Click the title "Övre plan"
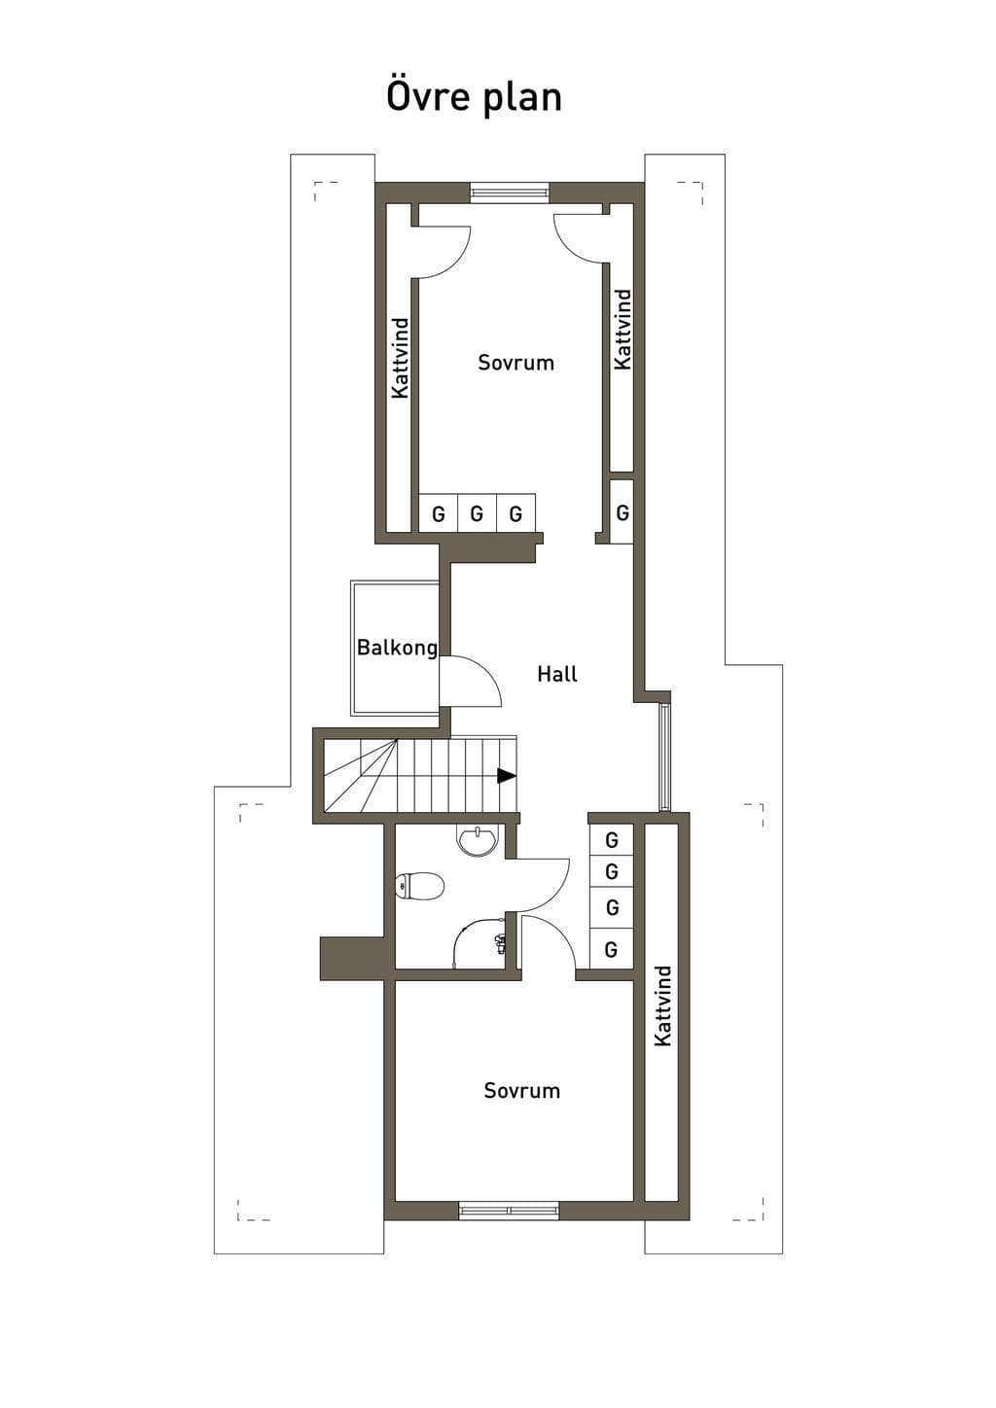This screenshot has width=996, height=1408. click(474, 98)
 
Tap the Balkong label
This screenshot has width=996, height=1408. click(397, 648)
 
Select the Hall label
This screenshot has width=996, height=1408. click(557, 675)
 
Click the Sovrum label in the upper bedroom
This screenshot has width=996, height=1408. click(516, 363)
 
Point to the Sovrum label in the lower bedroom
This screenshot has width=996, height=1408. click(522, 1091)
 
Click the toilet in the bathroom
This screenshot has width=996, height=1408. click(420, 886)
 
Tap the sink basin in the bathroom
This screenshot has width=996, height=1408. click(478, 842)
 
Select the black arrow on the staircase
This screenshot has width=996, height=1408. click(507, 776)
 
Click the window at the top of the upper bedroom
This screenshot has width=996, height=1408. click(510, 192)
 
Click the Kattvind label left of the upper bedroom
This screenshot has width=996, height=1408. click(400, 358)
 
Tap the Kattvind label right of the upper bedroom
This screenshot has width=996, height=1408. click(622, 330)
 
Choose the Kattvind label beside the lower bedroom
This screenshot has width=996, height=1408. click(662, 1005)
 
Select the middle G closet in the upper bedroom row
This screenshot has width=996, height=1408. click(477, 514)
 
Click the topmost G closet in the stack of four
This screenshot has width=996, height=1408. click(611, 839)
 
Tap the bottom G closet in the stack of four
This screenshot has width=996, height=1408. click(611, 948)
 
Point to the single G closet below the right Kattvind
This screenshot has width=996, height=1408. click(622, 512)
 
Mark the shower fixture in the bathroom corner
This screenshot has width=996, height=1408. click(501, 943)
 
